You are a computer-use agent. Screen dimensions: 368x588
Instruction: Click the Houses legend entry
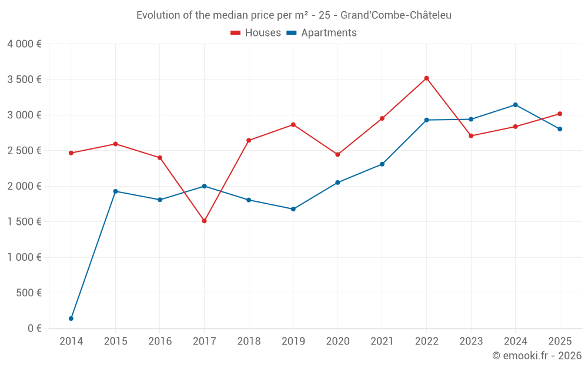coord(256,33)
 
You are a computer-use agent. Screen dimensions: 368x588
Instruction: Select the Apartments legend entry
coord(322,33)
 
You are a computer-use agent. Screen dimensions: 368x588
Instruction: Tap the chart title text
coord(294,15)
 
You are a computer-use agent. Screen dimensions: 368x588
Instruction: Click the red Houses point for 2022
coord(426,78)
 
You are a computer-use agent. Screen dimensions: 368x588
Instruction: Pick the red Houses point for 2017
coord(204,221)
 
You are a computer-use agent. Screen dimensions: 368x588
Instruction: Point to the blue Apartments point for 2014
coord(71,319)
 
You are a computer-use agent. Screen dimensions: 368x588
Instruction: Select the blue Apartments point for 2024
coord(515,105)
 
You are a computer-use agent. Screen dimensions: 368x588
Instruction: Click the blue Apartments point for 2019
coord(293,209)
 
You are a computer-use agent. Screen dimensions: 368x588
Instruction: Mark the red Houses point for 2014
coord(71,153)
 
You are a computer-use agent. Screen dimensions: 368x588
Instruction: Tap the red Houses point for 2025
coord(560,114)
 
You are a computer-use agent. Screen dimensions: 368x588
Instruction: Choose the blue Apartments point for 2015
coord(115,191)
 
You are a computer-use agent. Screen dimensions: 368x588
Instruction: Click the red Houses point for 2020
coord(338,154)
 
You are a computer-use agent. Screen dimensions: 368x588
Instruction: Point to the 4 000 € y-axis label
coord(24,44)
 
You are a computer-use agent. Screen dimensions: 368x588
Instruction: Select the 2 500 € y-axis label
coord(24,151)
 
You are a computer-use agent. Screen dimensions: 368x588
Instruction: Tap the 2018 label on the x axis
coord(249,342)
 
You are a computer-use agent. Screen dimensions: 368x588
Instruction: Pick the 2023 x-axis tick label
coord(471,342)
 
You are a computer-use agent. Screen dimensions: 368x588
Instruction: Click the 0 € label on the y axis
coord(34,329)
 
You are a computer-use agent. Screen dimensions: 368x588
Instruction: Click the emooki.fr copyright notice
coord(536,356)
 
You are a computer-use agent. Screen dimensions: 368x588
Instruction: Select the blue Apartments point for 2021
coord(382,164)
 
